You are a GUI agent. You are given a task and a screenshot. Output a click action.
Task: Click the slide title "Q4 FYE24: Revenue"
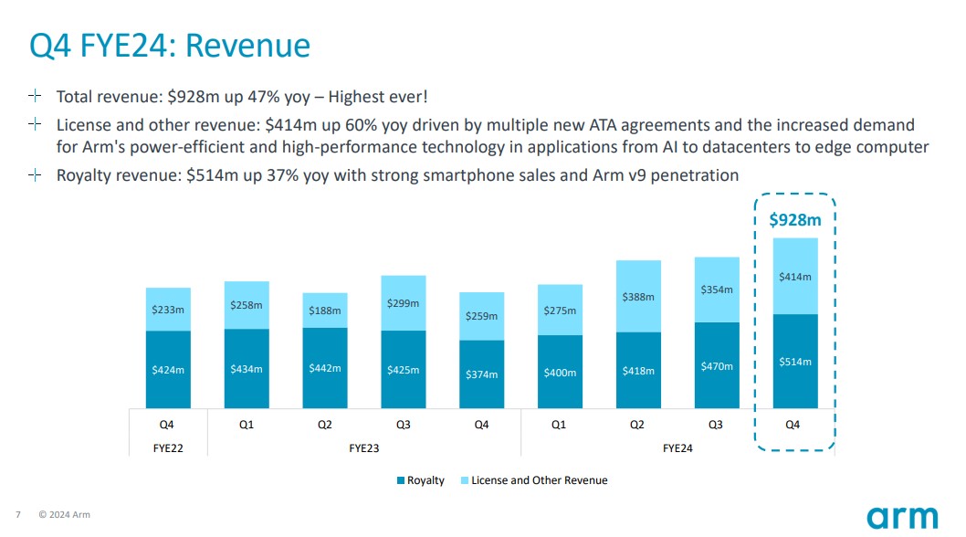point(170,45)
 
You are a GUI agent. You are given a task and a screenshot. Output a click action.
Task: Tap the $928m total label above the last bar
point(794,219)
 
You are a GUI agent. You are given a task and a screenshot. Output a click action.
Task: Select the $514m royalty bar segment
point(794,362)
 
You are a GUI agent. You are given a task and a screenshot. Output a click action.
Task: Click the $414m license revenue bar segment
point(794,276)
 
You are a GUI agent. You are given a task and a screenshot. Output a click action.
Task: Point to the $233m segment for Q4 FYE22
point(168,310)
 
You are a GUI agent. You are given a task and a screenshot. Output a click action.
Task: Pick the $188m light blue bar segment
point(324,311)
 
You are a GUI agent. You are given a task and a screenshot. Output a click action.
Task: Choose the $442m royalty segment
point(324,368)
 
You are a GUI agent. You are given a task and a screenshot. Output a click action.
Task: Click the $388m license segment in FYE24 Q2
point(638,297)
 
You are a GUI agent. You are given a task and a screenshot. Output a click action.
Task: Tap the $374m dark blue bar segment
point(481,374)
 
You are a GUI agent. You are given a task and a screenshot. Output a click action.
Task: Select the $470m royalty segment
point(717,365)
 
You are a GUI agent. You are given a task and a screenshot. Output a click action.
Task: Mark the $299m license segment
point(403,303)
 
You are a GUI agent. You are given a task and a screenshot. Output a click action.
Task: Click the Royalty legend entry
point(421,480)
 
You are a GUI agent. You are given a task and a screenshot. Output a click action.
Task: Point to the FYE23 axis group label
point(363,448)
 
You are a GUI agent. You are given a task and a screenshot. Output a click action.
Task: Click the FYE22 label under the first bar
point(167,448)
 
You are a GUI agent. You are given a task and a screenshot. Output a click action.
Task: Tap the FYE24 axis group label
point(677,448)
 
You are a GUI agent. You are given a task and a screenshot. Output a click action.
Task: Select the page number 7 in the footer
point(18,515)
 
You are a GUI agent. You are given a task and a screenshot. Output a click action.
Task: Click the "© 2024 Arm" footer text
point(64,515)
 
